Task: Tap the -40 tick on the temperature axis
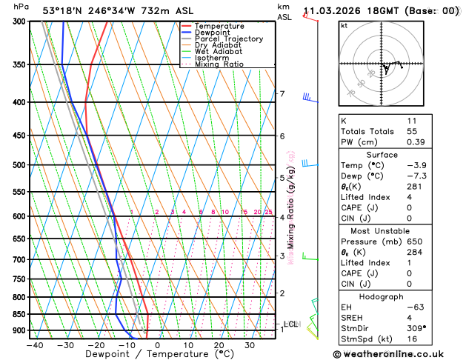tap(34, 345)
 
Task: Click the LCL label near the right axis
tap(291, 324)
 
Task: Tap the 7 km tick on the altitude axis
tap(282, 94)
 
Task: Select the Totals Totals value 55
tap(411, 131)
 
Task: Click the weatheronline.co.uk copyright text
tap(396, 354)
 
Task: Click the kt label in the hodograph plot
tap(344, 26)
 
